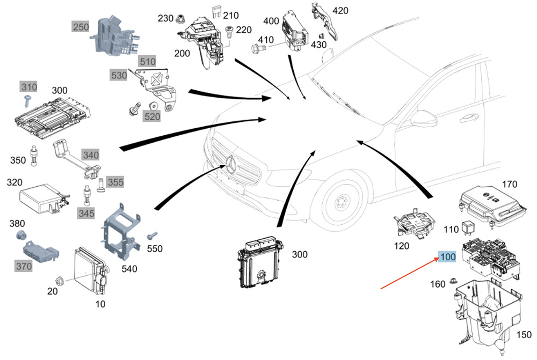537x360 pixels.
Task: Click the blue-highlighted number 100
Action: point(448,256)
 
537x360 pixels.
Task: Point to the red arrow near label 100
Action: point(410,274)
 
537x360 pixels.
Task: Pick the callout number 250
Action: point(81,27)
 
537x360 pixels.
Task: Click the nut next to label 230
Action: point(179,19)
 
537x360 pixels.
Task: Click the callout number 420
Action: point(340,11)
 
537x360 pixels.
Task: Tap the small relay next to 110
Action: point(468,228)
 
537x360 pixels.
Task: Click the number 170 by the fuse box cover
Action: point(509,184)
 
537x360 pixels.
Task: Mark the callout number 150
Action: point(524,334)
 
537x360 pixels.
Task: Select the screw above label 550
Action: point(153,236)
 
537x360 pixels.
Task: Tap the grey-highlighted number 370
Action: point(24,266)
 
